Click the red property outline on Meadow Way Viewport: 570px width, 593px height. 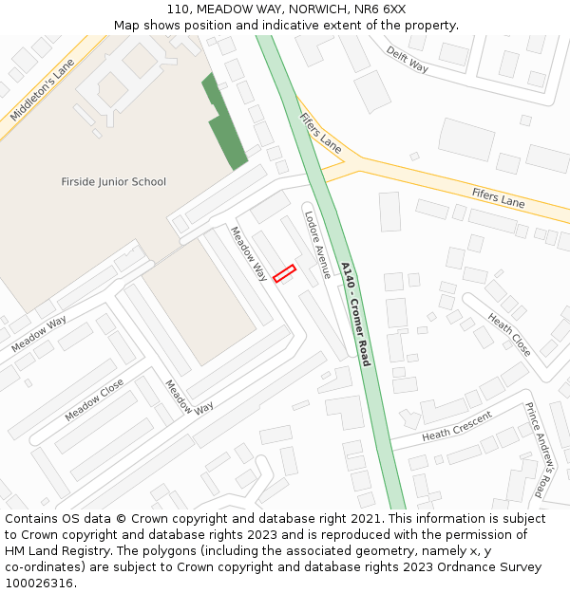[x=284, y=273]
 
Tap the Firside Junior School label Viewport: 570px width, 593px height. [x=113, y=182]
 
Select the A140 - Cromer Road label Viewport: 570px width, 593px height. [x=355, y=314]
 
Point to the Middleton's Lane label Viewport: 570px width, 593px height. [x=42, y=90]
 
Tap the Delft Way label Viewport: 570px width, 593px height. [x=408, y=60]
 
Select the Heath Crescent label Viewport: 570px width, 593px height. [x=457, y=426]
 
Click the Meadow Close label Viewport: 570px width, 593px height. [x=94, y=401]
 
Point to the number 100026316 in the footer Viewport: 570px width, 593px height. [x=37, y=584]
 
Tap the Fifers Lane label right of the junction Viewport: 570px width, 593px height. [x=498, y=197]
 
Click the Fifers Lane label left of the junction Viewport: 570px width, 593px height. [x=319, y=133]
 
